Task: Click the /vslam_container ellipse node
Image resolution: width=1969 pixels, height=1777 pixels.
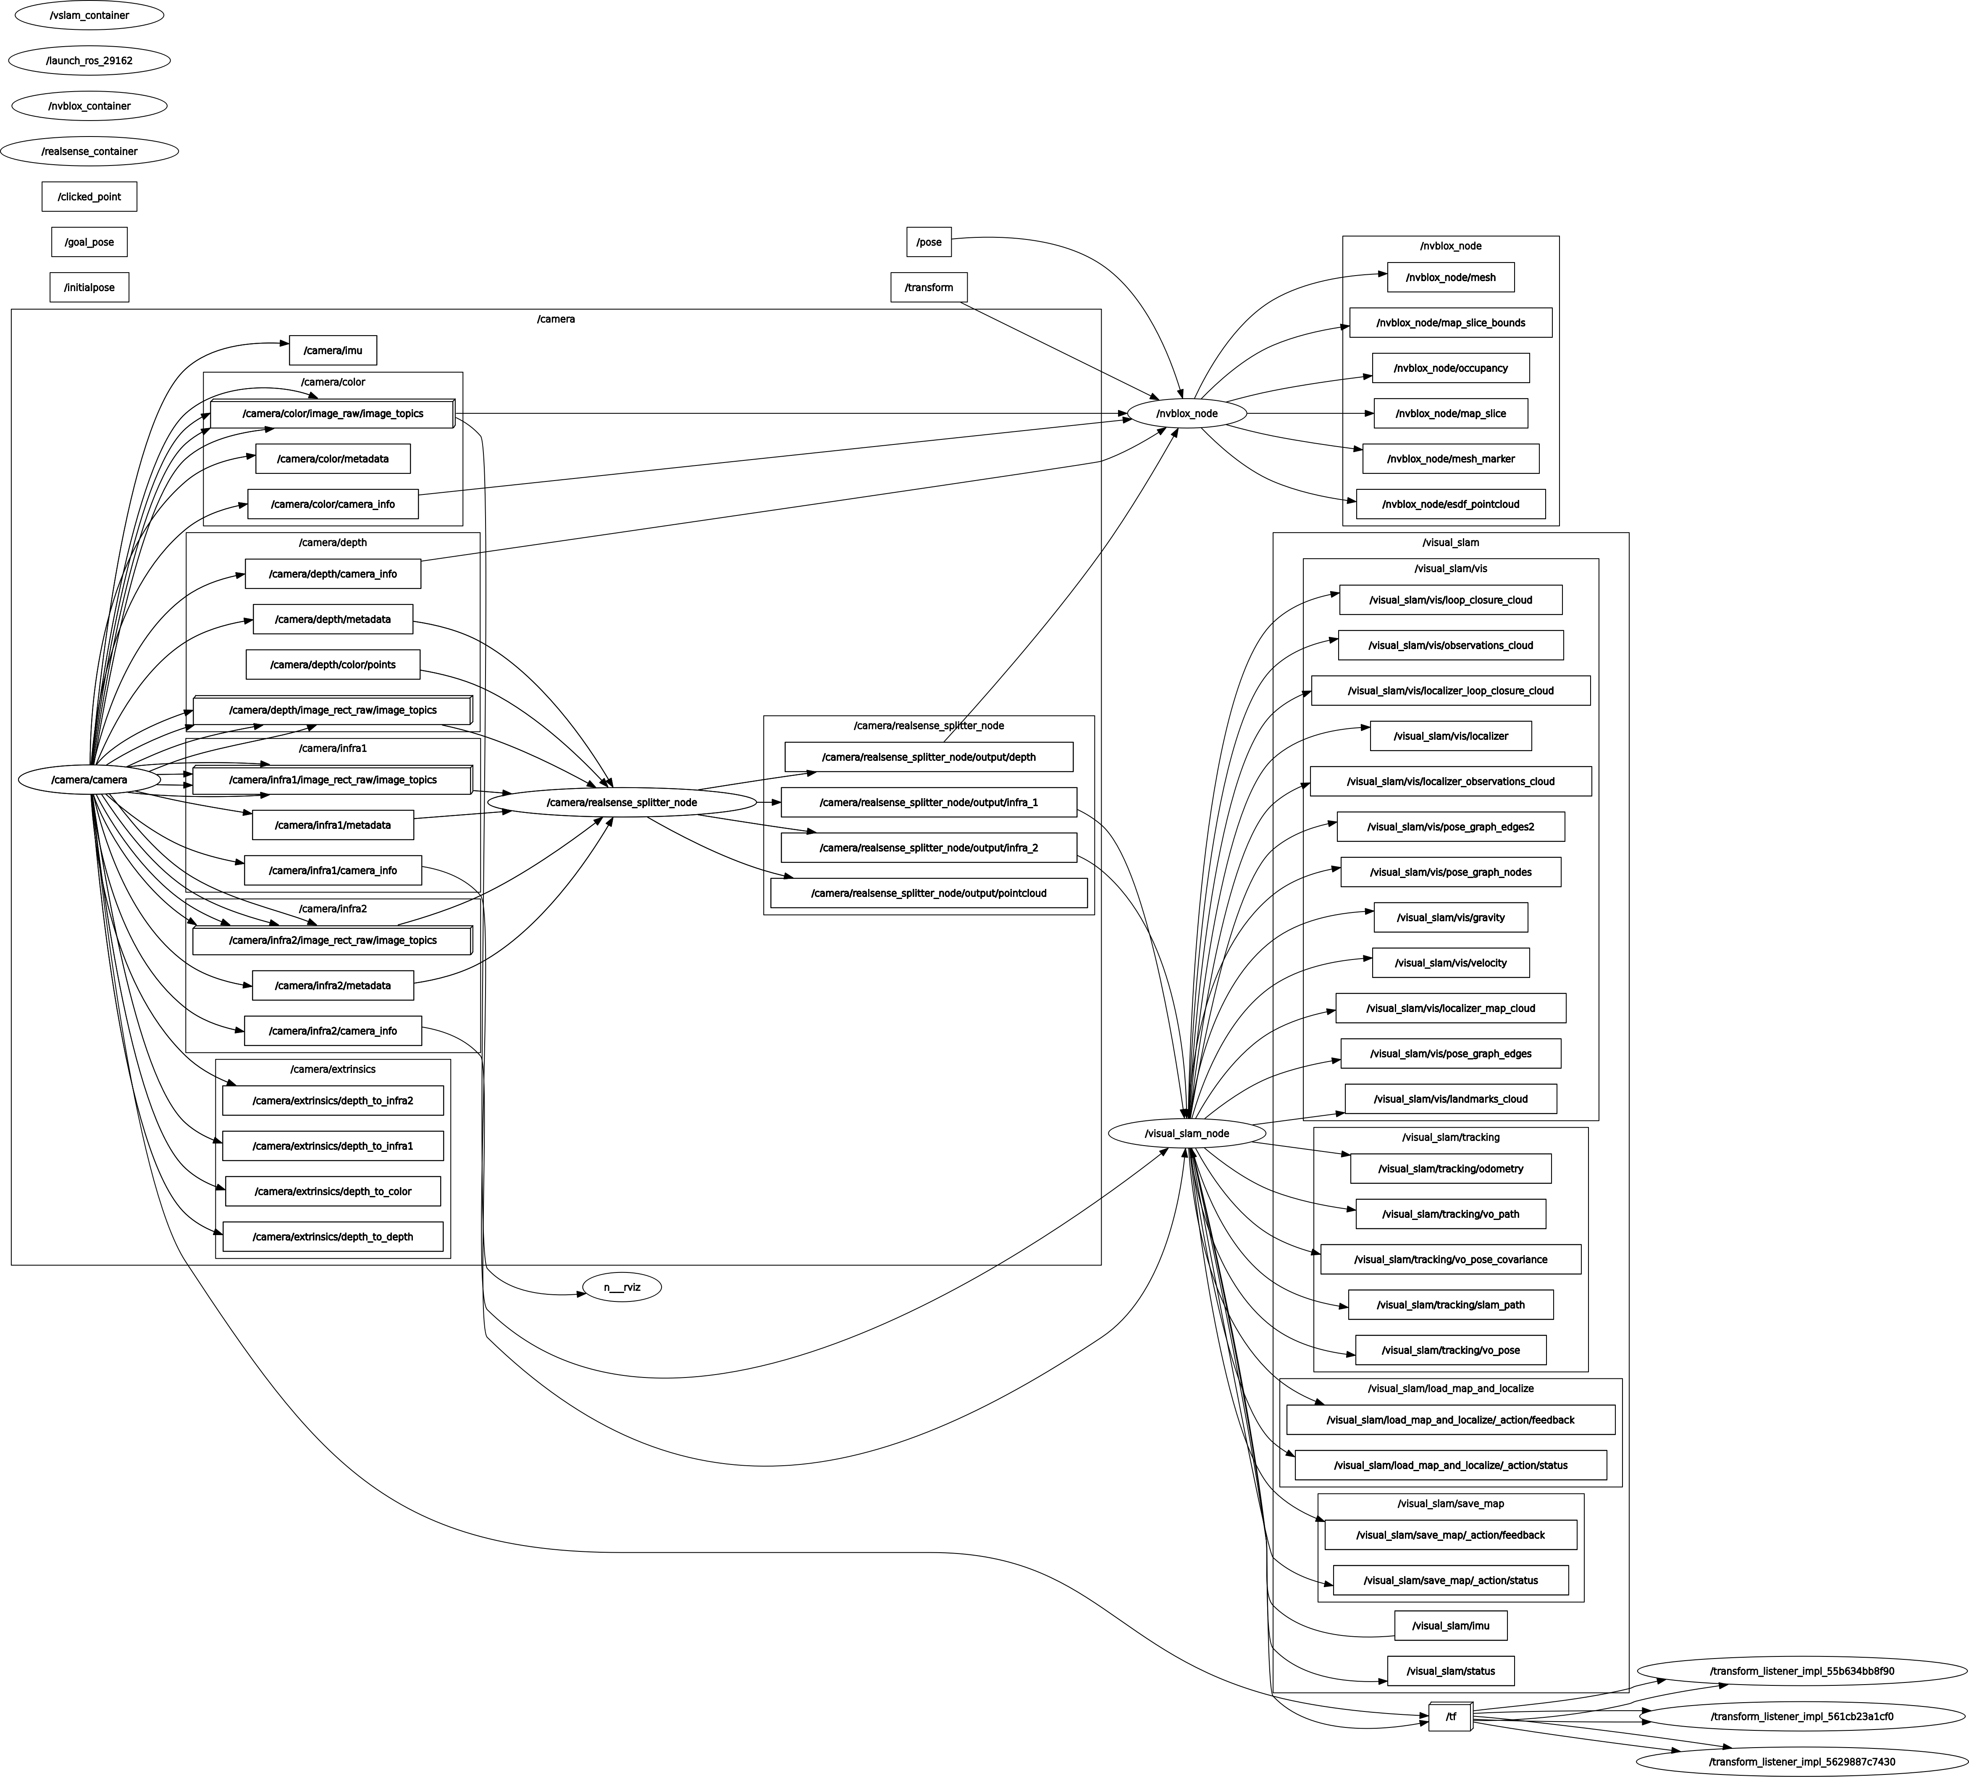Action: (x=89, y=16)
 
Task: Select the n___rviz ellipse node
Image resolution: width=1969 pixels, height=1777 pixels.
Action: (x=622, y=1287)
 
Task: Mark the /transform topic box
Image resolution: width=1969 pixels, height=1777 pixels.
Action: (x=928, y=287)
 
